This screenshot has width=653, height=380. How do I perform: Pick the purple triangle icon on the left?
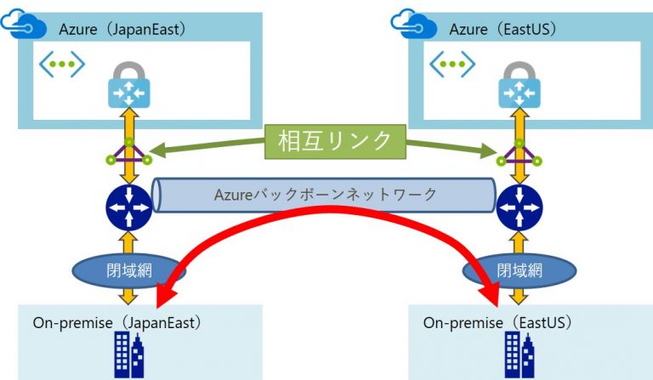pos(128,153)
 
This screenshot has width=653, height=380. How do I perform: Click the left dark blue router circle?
pos(128,205)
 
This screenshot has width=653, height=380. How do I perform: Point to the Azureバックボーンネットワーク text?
pos(326,195)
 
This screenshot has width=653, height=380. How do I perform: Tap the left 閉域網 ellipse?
pos(129,271)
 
